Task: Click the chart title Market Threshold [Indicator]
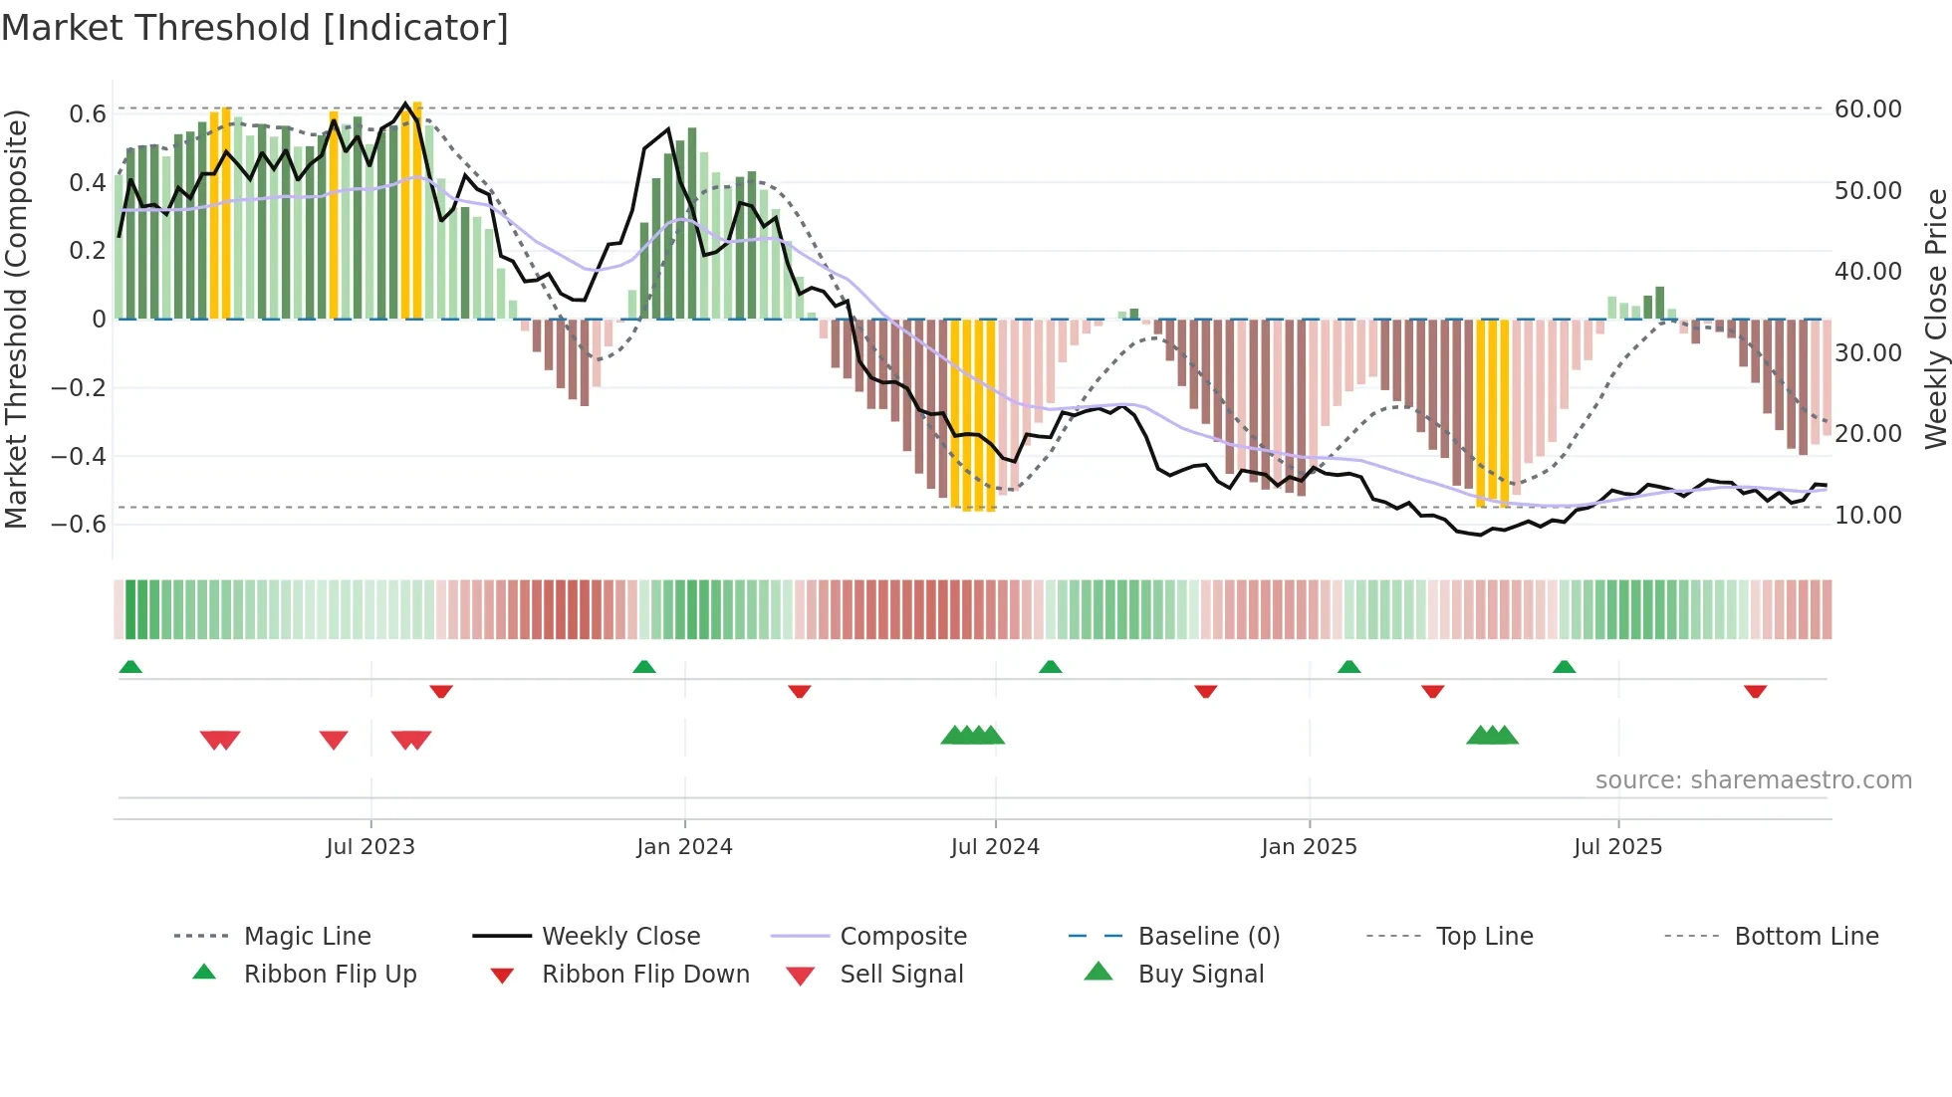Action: [255, 28]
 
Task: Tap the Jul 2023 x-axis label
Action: [370, 847]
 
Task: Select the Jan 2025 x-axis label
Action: [1309, 847]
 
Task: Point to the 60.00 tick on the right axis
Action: [1867, 110]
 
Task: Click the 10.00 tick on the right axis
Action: [1867, 516]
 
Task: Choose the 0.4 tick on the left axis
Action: [87, 183]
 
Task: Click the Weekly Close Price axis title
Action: [1935, 319]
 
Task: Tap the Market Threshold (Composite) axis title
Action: [16, 319]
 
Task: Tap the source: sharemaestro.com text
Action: [1753, 780]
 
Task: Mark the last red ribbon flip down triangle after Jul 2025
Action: [1755, 691]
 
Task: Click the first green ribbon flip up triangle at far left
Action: [130, 667]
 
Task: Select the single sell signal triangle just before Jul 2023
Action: [334, 740]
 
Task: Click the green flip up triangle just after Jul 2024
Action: [1050, 667]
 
